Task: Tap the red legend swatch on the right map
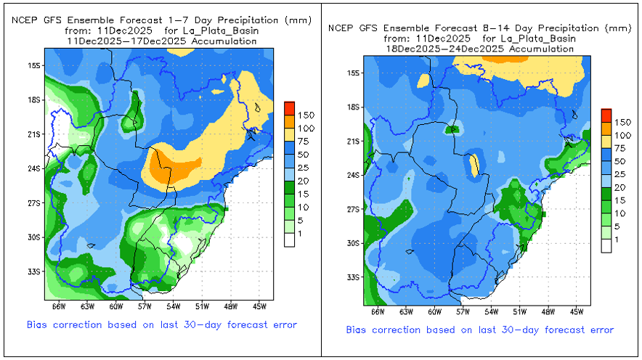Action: pyautogui.click(x=606, y=115)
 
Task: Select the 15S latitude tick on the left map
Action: pyautogui.click(x=33, y=65)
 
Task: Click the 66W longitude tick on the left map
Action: pyautogui.click(x=51, y=306)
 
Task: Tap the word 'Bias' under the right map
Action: pyautogui.click(x=359, y=330)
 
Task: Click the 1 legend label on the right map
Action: pyautogui.click(x=617, y=239)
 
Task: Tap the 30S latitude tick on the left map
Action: pyautogui.click(x=33, y=237)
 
